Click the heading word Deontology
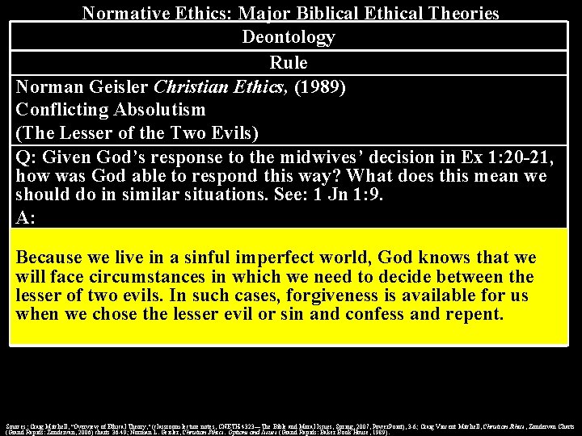click(x=289, y=37)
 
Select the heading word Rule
click(x=289, y=62)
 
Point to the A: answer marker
click(x=26, y=217)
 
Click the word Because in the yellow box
click(x=49, y=258)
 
